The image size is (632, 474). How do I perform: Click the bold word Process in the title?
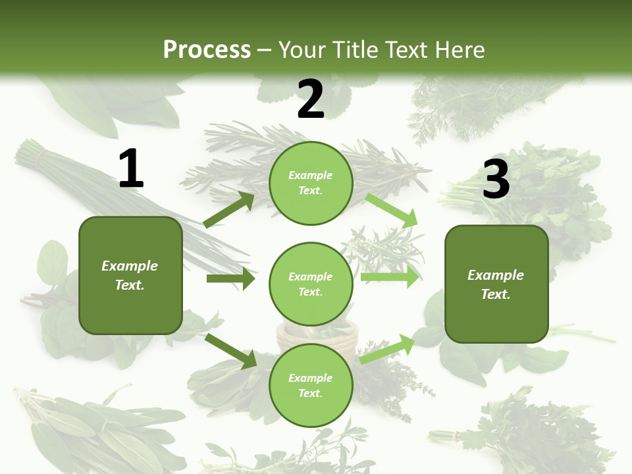click(x=207, y=49)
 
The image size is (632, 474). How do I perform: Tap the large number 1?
click(x=131, y=169)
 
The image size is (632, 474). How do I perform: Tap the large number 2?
click(x=311, y=99)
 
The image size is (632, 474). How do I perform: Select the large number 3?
click(x=496, y=180)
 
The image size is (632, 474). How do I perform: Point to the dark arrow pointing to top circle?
click(x=228, y=210)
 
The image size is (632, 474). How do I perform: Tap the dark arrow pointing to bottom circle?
click(x=230, y=351)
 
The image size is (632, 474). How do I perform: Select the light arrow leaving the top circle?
click(x=392, y=210)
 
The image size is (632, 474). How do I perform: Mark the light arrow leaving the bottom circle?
click(x=387, y=349)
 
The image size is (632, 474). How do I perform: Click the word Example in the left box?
click(x=130, y=266)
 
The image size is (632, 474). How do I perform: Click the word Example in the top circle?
click(x=310, y=175)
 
